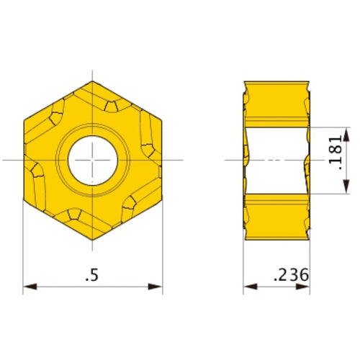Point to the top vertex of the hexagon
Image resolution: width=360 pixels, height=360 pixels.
93,78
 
